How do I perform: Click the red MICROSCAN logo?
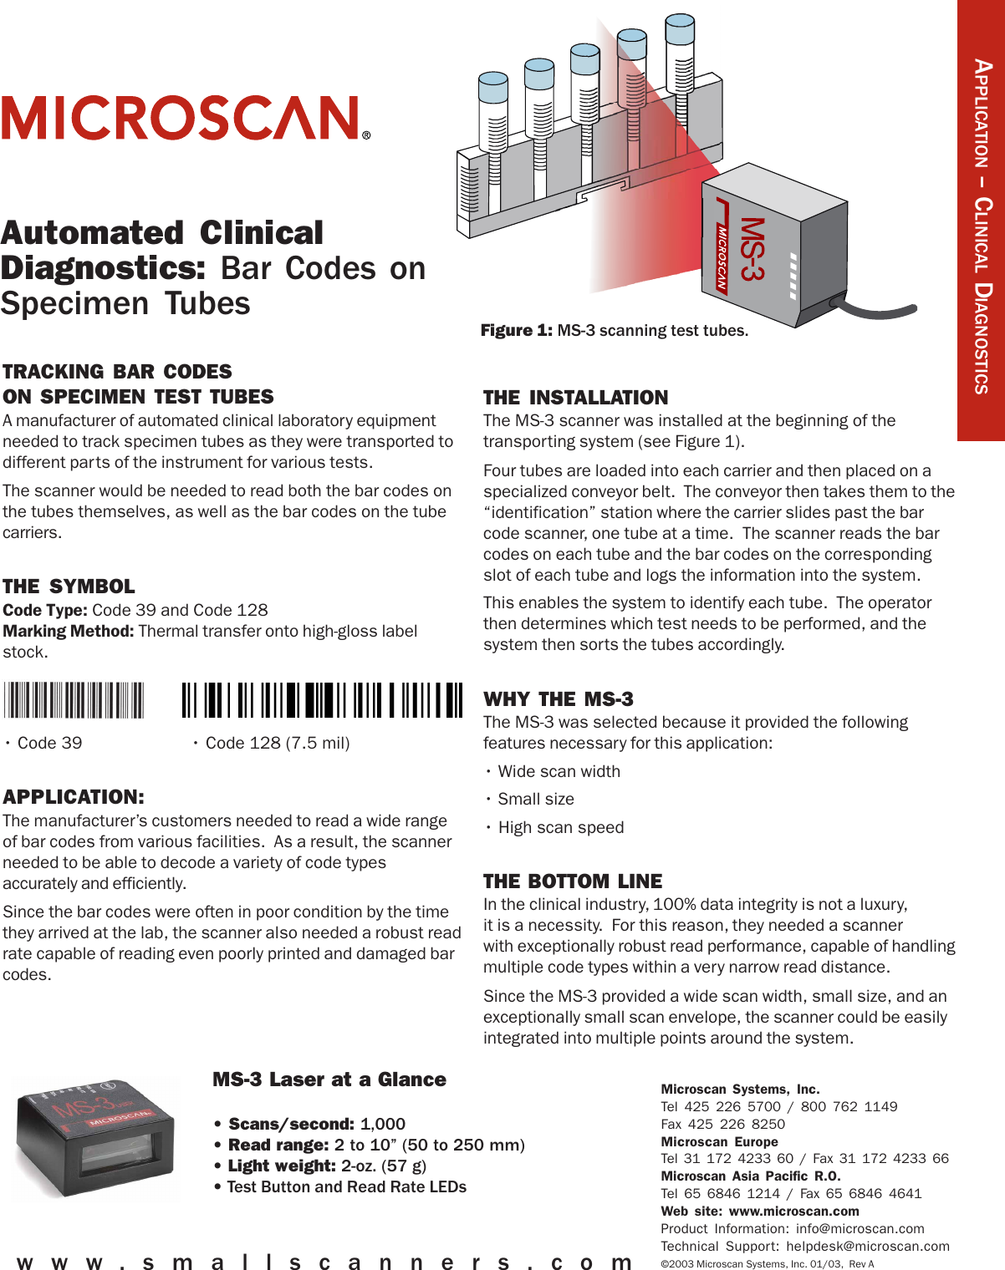pyautogui.click(x=185, y=118)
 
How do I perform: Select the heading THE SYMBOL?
pyautogui.click(x=69, y=587)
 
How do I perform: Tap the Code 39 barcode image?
pyautogui.click(x=74, y=700)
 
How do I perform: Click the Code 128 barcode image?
pyautogui.click(x=322, y=700)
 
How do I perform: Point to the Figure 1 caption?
pyautogui.click(x=615, y=331)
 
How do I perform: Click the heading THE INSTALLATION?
pyautogui.click(x=575, y=398)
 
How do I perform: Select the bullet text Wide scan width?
pyautogui.click(x=559, y=771)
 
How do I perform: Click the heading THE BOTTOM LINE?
pyautogui.click(x=573, y=881)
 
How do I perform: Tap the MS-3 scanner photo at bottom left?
pyautogui.click(x=95, y=1136)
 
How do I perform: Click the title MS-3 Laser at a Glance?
pyautogui.click(x=329, y=1079)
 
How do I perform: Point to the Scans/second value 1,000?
pyautogui.click(x=383, y=1125)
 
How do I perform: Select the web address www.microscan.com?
pyautogui.click(x=793, y=1212)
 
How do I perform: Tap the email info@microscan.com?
pyautogui.click(x=860, y=1229)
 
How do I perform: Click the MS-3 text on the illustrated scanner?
pyautogui.click(x=752, y=249)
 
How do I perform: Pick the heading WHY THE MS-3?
pyautogui.click(x=559, y=699)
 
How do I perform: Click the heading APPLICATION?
pyautogui.click(x=74, y=797)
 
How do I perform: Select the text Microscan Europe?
pyautogui.click(x=719, y=1141)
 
